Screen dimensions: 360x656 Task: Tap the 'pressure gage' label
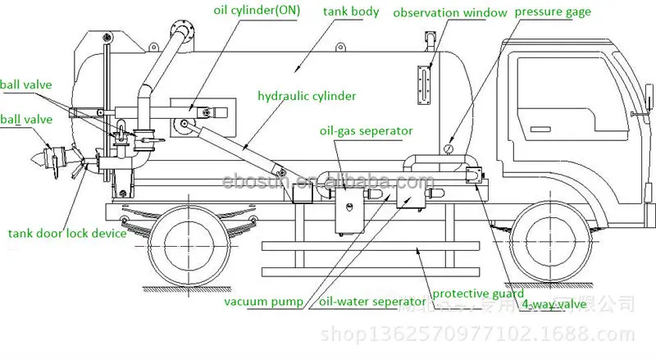[x=564, y=12]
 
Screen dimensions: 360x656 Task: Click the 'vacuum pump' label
[x=264, y=301]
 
